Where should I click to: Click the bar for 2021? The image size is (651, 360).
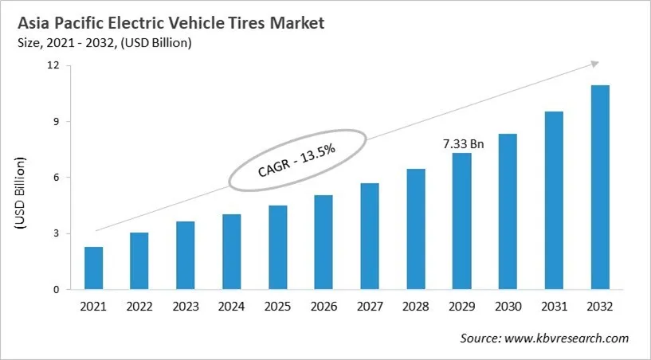[94, 268]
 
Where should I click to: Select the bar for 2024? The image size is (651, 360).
[232, 252]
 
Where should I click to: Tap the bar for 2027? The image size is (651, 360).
[370, 237]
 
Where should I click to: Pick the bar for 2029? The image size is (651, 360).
[462, 221]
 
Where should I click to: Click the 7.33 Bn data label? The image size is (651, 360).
[463, 144]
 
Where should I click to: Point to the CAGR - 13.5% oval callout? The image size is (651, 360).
[297, 159]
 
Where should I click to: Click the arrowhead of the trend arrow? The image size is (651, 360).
[594, 64]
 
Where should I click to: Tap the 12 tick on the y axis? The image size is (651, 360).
[53, 65]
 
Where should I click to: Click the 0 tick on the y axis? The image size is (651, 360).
[57, 290]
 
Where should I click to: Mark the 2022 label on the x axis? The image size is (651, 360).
[139, 307]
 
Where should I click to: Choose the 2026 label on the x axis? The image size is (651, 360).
[324, 307]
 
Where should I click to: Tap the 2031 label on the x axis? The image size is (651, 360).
[554, 307]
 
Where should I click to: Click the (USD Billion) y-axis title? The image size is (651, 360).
[21, 194]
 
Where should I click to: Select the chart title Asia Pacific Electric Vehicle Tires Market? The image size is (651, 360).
[171, 23]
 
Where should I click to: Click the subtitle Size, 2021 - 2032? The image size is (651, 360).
[104, 43]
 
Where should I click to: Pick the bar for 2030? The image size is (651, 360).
[508, 212]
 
